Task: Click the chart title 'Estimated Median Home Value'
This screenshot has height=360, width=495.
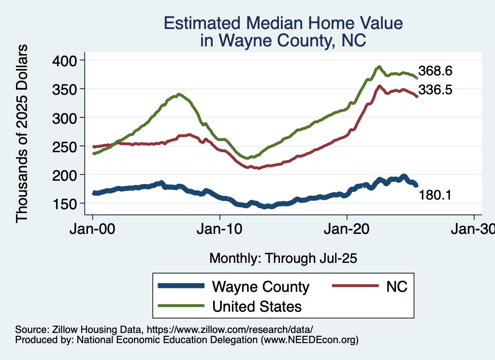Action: pos(283,23)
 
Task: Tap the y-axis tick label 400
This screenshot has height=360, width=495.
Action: pos(65,60)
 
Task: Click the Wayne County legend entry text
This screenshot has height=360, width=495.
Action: pos(261,287)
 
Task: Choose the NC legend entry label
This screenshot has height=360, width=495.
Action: pos(397,287)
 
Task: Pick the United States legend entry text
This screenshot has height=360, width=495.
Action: pos(257,306)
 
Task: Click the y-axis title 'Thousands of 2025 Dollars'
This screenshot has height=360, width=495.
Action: pos(22,132)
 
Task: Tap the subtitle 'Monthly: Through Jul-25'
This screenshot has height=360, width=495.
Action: pos(283,259)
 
